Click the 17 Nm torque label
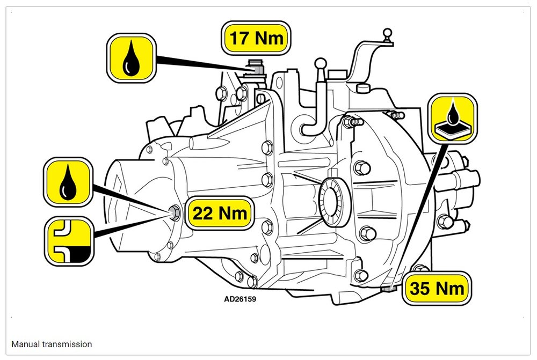click(256, 38)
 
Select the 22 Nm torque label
click(220, 213)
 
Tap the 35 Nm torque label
click(437, 288)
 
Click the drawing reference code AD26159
click(240, 299)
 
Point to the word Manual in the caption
click(25, 344)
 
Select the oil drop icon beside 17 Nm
click(131, 58)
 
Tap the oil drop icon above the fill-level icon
click(68, 182)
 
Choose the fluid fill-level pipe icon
click(69, 241)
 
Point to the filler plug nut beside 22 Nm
click(175, 213)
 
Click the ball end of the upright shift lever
click(321, 64)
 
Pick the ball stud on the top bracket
click(387, 35)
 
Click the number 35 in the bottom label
click(419, 289)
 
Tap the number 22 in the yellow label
click(203, 213)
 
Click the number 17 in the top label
click(239, 38)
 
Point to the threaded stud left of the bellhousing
click(353, 121)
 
